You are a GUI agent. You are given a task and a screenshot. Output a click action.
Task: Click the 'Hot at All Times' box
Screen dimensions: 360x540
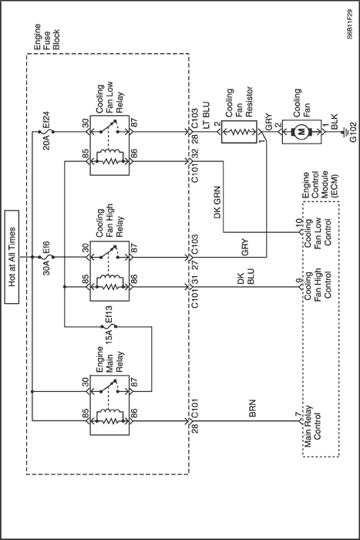click(12, 257)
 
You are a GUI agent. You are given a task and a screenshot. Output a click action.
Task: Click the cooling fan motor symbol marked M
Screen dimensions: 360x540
click(301, 132)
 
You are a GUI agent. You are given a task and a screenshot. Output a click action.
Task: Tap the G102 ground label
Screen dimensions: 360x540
click(353, 132)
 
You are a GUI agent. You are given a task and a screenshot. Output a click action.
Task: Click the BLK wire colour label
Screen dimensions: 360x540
click(335, 122)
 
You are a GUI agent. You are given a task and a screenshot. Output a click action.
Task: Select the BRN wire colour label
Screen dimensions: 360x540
click(252, 408)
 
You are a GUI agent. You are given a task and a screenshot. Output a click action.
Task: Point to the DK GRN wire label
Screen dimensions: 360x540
click(217, 202)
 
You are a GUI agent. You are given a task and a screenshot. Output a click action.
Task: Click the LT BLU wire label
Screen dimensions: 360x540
click(205, 116)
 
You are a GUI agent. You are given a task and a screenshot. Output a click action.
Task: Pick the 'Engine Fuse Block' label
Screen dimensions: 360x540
click(46, 37)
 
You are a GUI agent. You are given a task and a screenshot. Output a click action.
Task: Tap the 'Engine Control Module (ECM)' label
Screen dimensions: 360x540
click(320, 185)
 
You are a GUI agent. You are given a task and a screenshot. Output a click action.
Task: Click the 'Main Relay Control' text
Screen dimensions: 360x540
click(312, 427)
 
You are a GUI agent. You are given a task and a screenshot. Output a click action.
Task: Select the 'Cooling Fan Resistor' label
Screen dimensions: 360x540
click(239, 102)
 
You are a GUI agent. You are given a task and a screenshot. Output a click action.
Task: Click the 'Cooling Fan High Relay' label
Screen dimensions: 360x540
click(109, 221)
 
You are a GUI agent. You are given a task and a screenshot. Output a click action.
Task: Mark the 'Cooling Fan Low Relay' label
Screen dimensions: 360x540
click(109, 98)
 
